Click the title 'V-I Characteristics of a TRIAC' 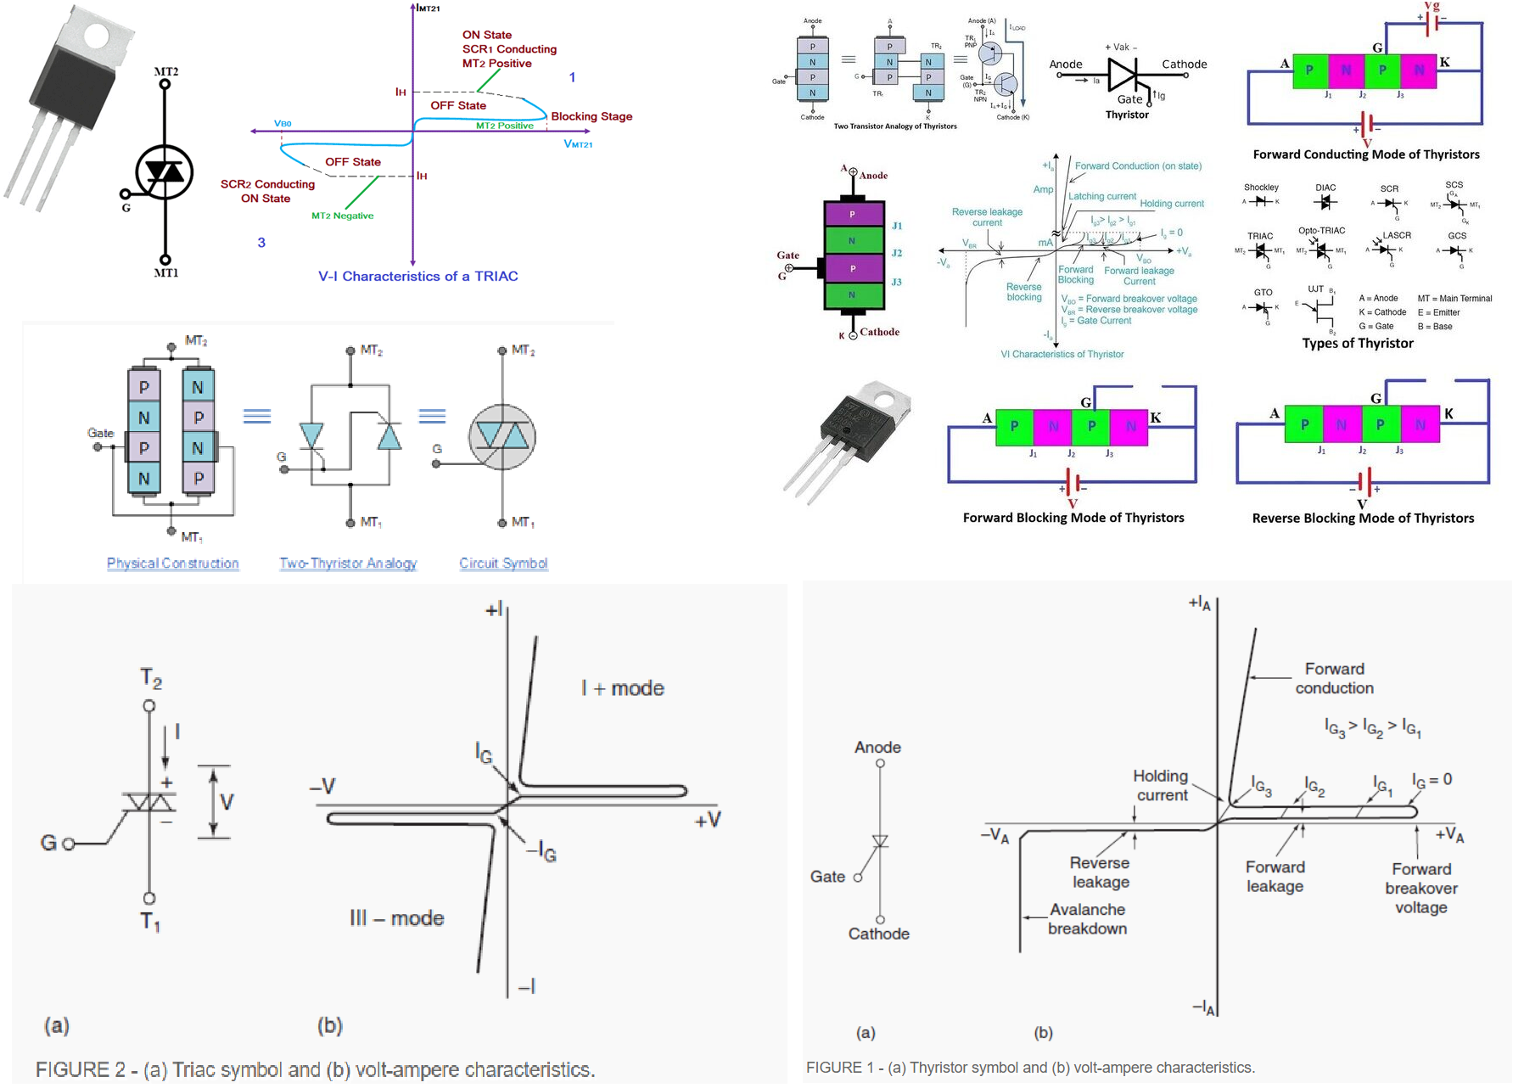point(417,276)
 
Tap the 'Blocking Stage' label point(591,116)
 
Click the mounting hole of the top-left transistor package point(95,35)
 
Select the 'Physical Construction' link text point(172,563)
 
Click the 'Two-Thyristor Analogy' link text point(348,563)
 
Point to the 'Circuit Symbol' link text point(503,563)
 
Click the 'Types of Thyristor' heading point(1357,343)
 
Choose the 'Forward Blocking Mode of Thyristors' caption point(1073,518)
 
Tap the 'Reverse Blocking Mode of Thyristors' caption point(1363,518)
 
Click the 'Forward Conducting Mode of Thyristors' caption point(1365,154)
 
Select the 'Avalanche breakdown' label point(1087,919)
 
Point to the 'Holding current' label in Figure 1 point(1161,786)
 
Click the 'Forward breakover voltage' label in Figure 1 point(1420,889)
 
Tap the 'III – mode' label point(396,918)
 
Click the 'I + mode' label point(622,688)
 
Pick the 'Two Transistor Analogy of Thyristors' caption point(894,126)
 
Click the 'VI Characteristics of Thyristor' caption point(1062,354)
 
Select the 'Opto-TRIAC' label point(1321,231)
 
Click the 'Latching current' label point(1101,196)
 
